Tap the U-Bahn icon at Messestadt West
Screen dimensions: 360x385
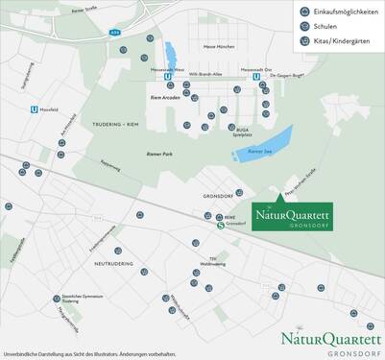(169, 80)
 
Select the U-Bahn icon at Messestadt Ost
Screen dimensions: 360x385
(255, 80)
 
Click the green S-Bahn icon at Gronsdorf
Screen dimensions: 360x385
(221, 227)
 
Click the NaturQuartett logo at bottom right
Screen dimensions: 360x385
(331, 342)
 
